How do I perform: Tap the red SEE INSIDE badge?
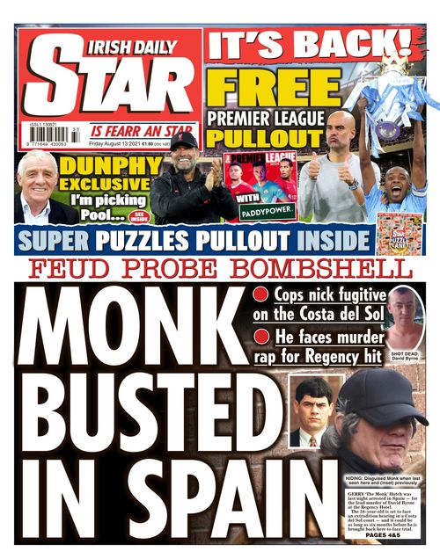[x=139, y=216]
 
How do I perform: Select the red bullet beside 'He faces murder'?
[x=262, y=337]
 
